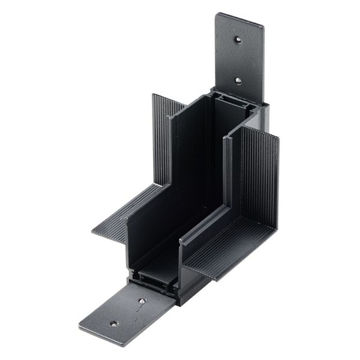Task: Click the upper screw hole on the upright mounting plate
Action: [238, 40]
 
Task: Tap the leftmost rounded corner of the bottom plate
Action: [80, 328]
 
